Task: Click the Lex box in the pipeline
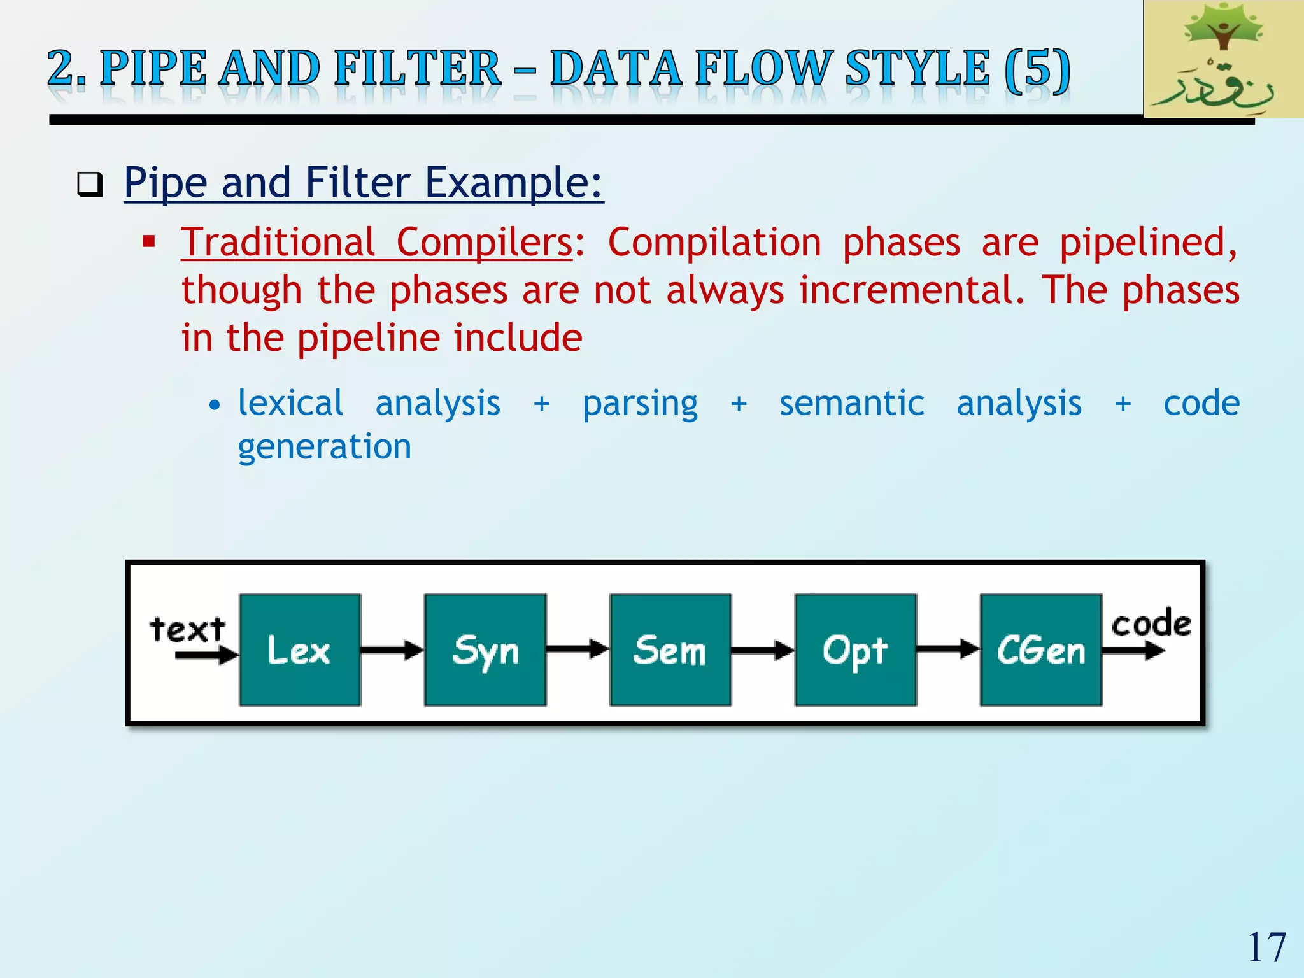(300, 649)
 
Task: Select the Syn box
(485, 649)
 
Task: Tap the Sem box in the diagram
(670, 649)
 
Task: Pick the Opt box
(855, 649)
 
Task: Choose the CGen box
(1040, 649)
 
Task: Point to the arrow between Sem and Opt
(763, 650)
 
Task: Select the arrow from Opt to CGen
(948, 650)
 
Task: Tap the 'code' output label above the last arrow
(1151, 623)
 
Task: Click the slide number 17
(1266, 947)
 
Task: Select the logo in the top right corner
(1222, 59)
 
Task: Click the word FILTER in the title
(418, 68)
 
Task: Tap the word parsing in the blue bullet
(640, 404)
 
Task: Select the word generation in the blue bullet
(325, 446)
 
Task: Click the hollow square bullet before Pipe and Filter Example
(90, 185)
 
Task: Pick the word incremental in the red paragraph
(907, 290)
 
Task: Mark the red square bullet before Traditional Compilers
(149, 242)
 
